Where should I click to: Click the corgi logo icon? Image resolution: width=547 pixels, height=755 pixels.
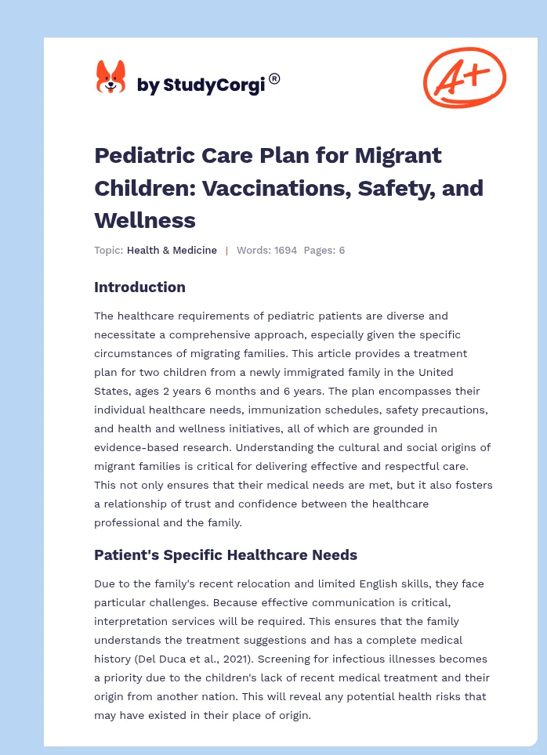tap(110, 78)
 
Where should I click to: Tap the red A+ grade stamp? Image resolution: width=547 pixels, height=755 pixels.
tap(464, 77)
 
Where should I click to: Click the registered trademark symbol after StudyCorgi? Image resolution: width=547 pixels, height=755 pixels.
tap(274, 78)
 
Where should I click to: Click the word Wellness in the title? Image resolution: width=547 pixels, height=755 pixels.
tap(145, 220)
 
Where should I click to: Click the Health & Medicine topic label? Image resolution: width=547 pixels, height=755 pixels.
tap(172, 251)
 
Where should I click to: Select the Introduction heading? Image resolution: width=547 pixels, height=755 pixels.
tap(139, 287)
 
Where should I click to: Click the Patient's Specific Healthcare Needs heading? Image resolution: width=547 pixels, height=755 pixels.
tap(226, 555)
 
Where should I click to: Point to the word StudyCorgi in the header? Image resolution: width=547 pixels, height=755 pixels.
tap(211, 85)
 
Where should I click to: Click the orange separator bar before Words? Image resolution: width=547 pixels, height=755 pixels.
tap(226, 251)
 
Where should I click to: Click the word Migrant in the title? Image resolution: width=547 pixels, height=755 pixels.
tap(397, 155)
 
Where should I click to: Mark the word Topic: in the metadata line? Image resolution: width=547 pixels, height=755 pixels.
tap(108, 251)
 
